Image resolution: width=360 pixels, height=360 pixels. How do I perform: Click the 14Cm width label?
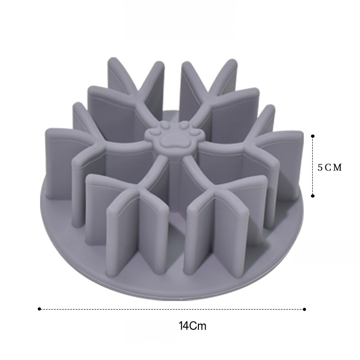pyautogui.click(x=193, y=326)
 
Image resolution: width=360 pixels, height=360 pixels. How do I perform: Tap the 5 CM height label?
pyautogui.click(x=330, y=167)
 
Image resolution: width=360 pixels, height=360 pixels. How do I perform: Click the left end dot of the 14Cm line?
pyautogui.click(x=39, y=309)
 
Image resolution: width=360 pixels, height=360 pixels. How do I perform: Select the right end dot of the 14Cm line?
pyautogui.click(x=305, y=309)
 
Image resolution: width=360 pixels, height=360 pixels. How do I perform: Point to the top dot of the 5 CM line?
pyautogui.click(x=313, y=136)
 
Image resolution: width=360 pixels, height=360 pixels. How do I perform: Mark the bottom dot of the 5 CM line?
pyautogui.click(x=313, y=196)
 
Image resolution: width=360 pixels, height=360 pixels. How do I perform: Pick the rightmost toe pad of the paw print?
pyautogui.click(x=195, y=133)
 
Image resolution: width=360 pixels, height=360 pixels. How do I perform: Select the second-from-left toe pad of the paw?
pyautogui.click(x=164, y=125)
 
